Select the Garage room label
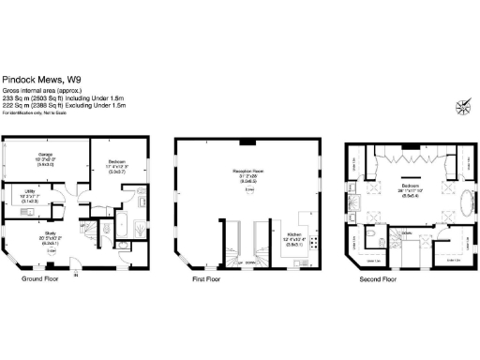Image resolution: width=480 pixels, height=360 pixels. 45,154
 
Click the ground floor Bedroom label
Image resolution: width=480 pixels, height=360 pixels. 116,162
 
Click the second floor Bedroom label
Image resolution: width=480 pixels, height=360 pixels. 410,187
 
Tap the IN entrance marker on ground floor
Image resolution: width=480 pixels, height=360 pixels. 76,275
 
